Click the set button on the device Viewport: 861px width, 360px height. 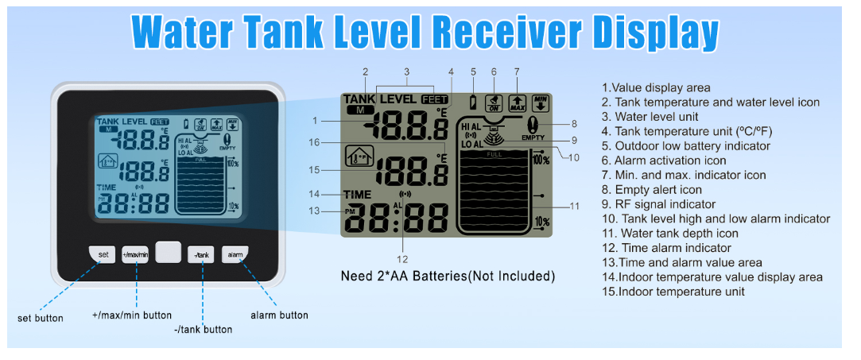pyautogui.click(x=103, y=254)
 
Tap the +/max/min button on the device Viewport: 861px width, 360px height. pyautogui.click(x=135, y=254)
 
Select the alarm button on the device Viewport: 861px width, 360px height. pyautogui.click(x=235, y=254)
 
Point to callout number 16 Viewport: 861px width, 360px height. pyautogui.click(x=315, y=142)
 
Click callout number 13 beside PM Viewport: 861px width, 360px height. pyautogui.click(x=315, y=211)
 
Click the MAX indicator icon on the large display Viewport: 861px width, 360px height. pyautogui.click(x=517, y=102)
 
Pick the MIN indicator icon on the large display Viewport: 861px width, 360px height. pyautogui.click(x=541, y=102)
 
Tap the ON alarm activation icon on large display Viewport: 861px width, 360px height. pyautogui.click(x=494, y=103)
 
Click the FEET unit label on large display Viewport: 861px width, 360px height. pyautogui.click(x=435, y=99)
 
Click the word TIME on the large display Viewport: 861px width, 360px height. pyautogui.click(x=358, y=194)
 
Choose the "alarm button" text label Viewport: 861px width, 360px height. pyautogui.click(x=279, y=315)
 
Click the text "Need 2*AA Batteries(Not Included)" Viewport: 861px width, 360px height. pyautogui.click(x=447, y=277)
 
